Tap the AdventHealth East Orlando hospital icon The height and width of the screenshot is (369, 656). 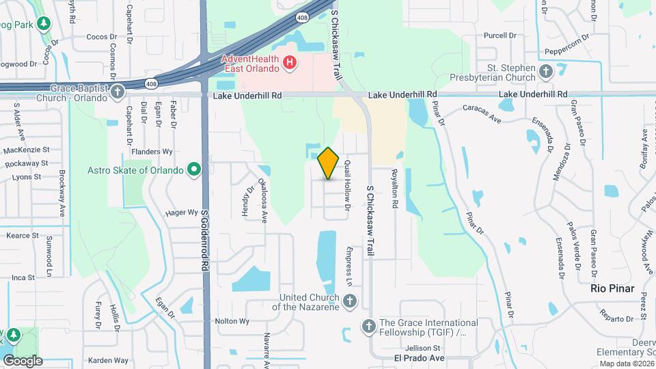pyautogui.click(x=290, y=63)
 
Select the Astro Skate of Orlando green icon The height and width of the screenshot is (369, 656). pyautogui.click(x=194, y=169)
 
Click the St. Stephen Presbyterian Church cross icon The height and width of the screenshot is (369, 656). pyautogui.click(x=545, y=71)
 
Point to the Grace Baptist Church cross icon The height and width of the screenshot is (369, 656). pyautogui.click(x=118, y=91)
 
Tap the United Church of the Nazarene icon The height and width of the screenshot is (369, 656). pyautogui.click(x=349, y=301)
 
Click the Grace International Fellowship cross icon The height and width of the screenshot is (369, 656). pyautogui.click(x=369, y=326)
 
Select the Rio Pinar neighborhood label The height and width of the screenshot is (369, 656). pyautogui.click(x=613, y=288)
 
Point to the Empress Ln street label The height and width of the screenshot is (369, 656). pyautogui.click(x=348, y=266)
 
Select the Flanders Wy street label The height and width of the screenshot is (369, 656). pyautogui.click(x=154, y=152)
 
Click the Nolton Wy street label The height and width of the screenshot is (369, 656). pyautogui.click(x=231, y=320)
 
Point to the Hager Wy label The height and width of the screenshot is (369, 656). pyautogui.click(x=181, y=213)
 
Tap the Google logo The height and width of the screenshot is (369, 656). pyautogui.click(x=22, y=360)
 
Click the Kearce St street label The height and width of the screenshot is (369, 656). pyautogui.click(x=22, y=235)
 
